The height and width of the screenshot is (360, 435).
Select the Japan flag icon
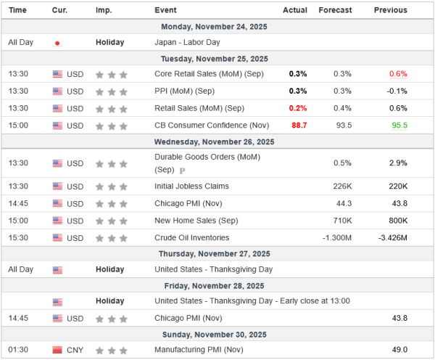pyautogui.click(x=57, y=43)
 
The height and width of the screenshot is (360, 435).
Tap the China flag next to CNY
pyautogui.click(x=57, y=351)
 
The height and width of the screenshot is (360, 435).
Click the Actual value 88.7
pyautogui.click(x=299, y=126)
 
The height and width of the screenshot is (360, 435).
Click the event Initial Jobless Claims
pyautogui.click(x=191, y=186)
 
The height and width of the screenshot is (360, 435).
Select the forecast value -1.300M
pyautogui.click(x=337, y=237)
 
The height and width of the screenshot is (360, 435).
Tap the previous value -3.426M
pyautogui.click(x=392, y=237)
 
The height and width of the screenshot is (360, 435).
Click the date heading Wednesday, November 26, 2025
pyautogui.click(x=217, y=142)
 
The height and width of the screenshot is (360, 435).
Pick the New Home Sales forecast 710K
pyautogui.click(x=341, y=220)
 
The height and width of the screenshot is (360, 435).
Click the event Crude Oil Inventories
pyautogui.click(x=191, y=237)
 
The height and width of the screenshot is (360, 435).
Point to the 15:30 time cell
pyautogui.click(x=18, y=237)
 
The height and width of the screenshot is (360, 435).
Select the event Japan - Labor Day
pyautogui.click(x=187, y=42)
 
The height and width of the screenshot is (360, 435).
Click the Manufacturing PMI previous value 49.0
pyautogui.click(x=398, y=351)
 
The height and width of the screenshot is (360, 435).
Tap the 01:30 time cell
pyautogui.click(x=18, y=351)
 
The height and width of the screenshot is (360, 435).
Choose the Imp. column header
pyautogui.click(x=104, y=10)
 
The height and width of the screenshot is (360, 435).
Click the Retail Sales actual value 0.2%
pyautogui.click(x=297, y=108)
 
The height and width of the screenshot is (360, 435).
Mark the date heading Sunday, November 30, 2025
pyautogui.click(x=217, y=335)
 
